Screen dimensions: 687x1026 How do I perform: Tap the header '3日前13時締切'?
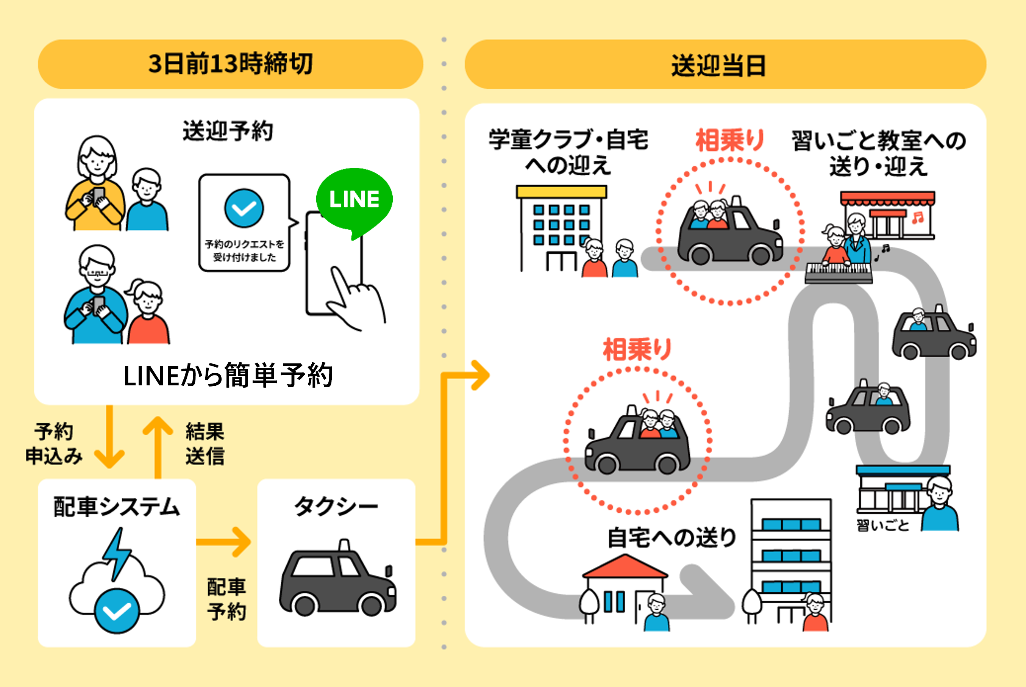pyautogui.click(x=230, y=64)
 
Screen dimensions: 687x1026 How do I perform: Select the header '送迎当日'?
pyautogui.click(x=718, y=66)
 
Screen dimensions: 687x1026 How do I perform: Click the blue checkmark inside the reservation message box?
pyautogui.click(x=244, y=208)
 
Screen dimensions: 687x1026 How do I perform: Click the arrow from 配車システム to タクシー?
pyautogui.click(x=225, y=542)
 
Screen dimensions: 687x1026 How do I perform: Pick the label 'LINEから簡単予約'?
pyautogui.click(x=228, y=376)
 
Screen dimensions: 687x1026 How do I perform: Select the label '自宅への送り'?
pyautogui.click(x=672, y=538)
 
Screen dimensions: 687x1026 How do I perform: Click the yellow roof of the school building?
pyautogui.click(x=561, y=191)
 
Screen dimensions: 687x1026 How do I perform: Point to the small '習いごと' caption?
pyautogui.click(x=883, y=525)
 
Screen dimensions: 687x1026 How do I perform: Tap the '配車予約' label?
pyautogui.click(x=226, y=599)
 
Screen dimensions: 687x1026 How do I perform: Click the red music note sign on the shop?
pyautogui.click(x=918, y=218)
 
